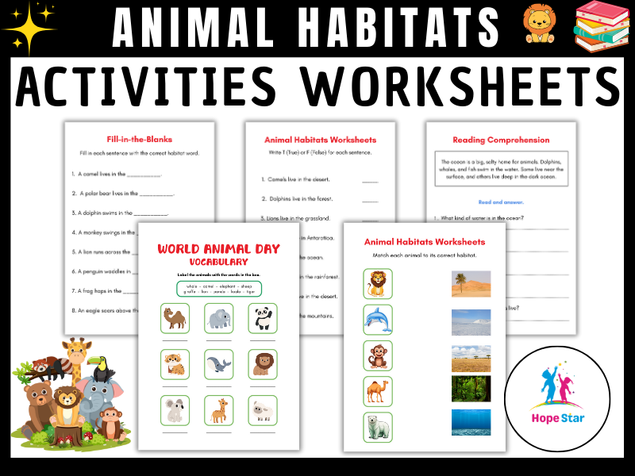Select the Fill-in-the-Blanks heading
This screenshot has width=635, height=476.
tap(140, 139)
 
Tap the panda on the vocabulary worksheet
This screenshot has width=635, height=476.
tap(264, 318)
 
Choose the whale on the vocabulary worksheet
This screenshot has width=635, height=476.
tap(218, 364)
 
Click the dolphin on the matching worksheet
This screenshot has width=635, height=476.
tap(378, 319)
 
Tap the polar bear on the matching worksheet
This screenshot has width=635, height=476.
tap(378, 428)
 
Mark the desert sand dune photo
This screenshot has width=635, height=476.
tap(471, 284)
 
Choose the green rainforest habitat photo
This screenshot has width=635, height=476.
tap(471, 389)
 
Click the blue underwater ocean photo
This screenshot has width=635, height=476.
tap(471, 422)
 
